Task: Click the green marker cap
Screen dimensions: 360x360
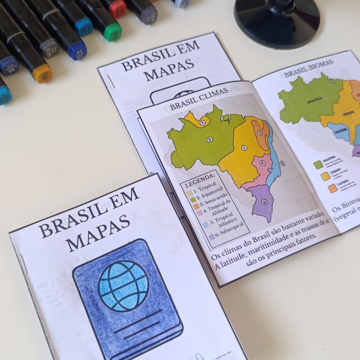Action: (x=113, y=32)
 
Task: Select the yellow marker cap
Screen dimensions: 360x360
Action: (x=42, y=73)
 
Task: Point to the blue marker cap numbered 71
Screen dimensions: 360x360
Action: (x=78, y=51)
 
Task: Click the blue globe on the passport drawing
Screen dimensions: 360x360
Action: (x=123, y=286)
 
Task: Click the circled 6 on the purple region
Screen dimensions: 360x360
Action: (x=264, y=202)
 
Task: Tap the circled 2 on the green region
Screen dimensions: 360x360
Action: (x=209, y=140)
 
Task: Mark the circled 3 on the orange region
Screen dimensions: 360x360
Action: (x=260, y=133)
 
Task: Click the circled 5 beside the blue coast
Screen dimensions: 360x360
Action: (x=282, y=163)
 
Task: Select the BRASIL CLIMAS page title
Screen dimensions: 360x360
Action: (x=199, y=99)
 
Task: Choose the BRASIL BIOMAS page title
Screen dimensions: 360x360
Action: (x=308, y=68)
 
